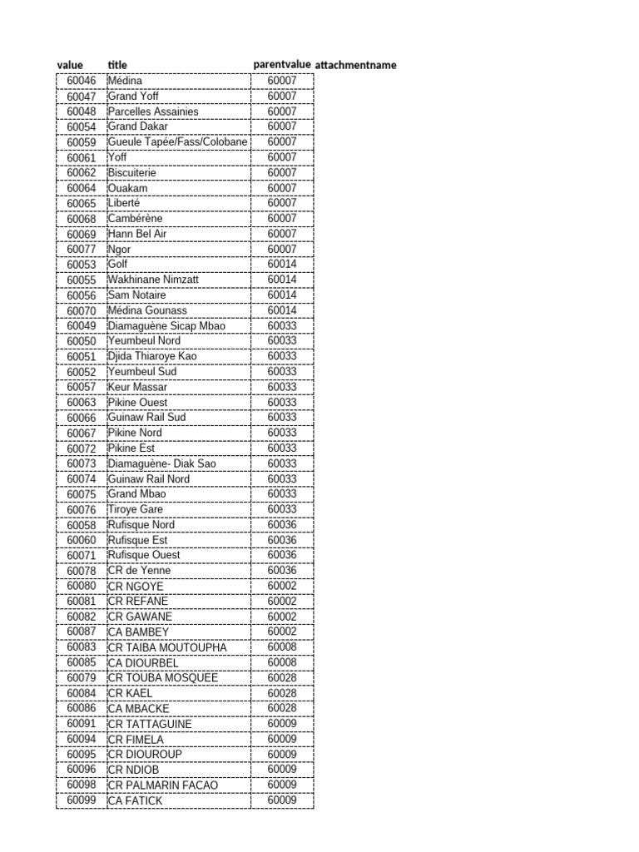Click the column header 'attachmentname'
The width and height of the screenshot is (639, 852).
click(355, 65)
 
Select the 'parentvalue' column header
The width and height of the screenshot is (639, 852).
click(282, 65)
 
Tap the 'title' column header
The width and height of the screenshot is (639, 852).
click(117, 65)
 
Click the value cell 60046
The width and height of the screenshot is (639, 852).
click(82, 81)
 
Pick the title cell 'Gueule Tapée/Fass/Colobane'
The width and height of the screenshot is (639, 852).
click(178, 142)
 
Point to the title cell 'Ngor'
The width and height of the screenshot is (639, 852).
click(120, 249)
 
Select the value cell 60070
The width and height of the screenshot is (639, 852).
click(82, 310)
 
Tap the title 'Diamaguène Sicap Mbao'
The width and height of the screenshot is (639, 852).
click(166, 325)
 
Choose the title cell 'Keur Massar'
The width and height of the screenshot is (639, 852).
click(137, 387)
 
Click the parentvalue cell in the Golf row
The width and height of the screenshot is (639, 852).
click(282, 265)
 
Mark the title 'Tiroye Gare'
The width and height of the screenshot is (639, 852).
click(136, 509)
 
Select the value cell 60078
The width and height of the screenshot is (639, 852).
click(82, 571)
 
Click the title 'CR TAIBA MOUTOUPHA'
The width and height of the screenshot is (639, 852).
click(167, 647)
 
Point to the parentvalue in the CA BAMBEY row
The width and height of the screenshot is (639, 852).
click(282, 632)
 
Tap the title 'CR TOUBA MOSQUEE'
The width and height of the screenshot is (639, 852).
click(163, 678)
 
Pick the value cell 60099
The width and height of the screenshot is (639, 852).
click(82, 800)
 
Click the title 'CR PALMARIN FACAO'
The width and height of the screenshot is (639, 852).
click(163, 785)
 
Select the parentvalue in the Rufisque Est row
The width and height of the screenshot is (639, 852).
click(282, 540)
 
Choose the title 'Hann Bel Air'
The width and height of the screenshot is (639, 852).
click(137, 234)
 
